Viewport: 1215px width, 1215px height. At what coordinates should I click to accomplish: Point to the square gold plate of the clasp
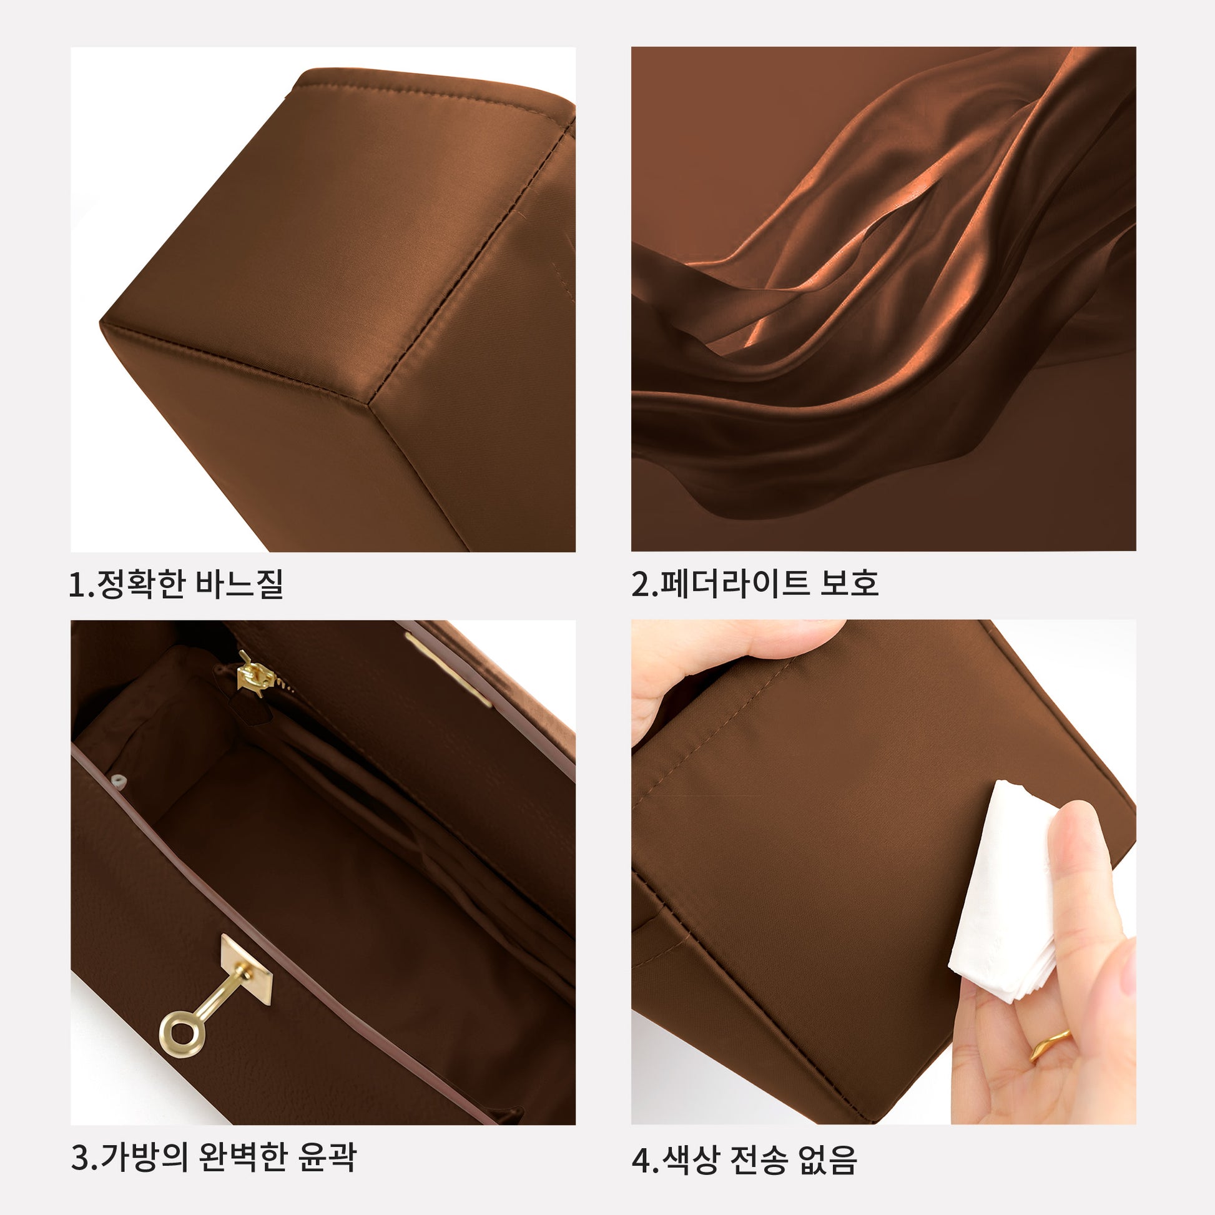click(247, 969)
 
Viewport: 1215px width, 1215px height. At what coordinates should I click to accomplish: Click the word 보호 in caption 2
click(849, 584)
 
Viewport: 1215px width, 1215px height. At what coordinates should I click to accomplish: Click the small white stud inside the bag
click(118, 781)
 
